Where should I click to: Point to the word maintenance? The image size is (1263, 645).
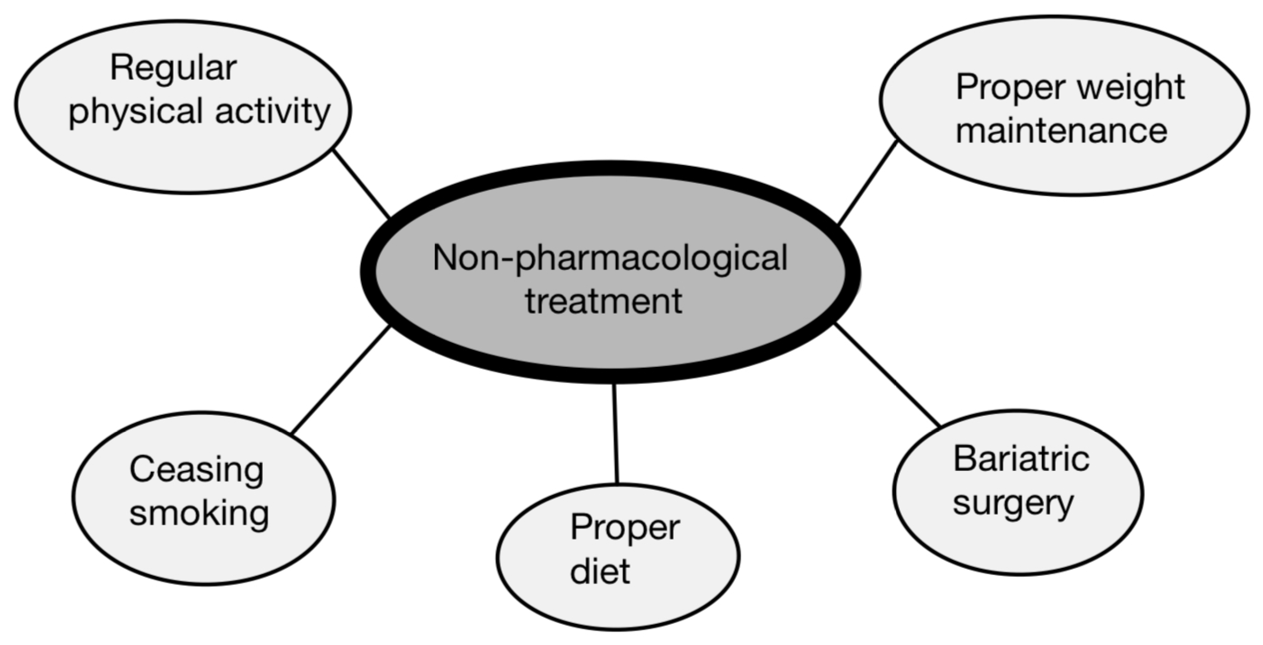pos(1062,131)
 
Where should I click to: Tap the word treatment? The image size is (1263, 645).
pos(603,301)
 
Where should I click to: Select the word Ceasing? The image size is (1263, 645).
pos(196,470)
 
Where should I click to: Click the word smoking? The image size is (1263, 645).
pos(199,514)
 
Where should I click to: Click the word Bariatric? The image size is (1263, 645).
pos(1021,459)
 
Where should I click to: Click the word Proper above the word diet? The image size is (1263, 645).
pos(625,529)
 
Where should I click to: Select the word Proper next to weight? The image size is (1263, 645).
pos(1010,88)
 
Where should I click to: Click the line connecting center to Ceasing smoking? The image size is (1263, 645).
pos(340,380)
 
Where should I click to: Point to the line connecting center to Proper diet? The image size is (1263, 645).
pos(615,434)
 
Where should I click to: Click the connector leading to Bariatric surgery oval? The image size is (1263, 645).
pos(887,375)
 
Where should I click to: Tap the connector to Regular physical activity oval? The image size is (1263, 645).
pos(361,184)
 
